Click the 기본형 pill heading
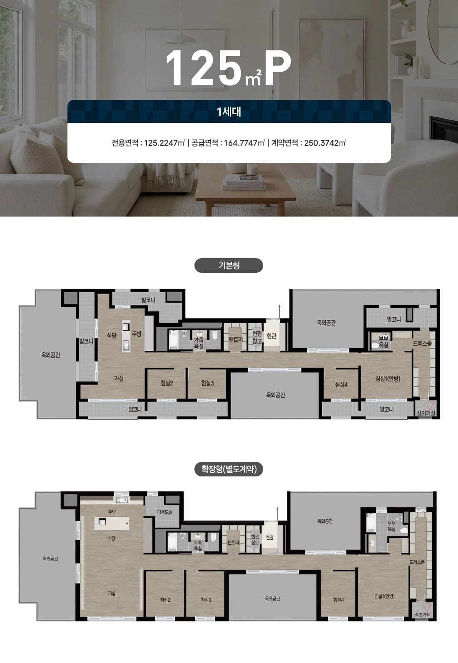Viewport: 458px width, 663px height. pos(229,265)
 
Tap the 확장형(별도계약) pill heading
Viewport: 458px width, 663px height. pos(229,469)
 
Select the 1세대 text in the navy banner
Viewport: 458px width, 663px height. pos(229,112)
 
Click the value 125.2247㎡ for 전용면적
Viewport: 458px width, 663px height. pos(164,143)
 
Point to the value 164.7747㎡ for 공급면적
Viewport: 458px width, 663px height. pos(244,143)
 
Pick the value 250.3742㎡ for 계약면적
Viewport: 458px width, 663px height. pos(325,143)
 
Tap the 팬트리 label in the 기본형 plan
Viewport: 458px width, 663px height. pos(236,339)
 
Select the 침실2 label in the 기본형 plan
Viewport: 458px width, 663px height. pos(167,383)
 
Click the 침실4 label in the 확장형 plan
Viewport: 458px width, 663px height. pos(339,600)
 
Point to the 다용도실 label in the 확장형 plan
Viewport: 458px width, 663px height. pos(165,512)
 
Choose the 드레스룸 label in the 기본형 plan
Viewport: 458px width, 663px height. pos(422,343)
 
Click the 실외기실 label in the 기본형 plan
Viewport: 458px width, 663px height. pos(426,413)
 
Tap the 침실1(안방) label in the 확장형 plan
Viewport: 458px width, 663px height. pos(384,596)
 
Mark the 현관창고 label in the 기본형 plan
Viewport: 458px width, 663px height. pos(257,337)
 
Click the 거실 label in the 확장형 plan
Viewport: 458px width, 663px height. pos(112,593)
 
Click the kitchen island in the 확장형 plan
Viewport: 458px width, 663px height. pos(112,523)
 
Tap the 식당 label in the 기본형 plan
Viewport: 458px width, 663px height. pos(112,335)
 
